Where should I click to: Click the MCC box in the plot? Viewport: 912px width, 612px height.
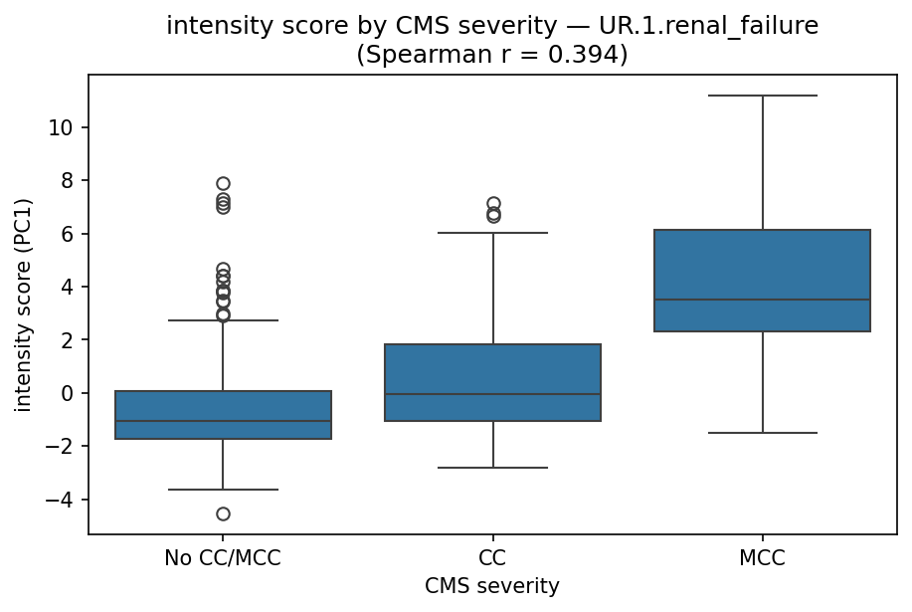(762, 281)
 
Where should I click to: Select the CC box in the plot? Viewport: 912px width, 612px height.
(492, 382)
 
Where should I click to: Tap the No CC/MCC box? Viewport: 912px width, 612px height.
(223, 415)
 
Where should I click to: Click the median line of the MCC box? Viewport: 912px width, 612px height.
(762, 300)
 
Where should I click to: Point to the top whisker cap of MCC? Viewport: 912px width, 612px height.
(762, 96)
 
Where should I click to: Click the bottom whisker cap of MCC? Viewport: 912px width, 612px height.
(762, 433)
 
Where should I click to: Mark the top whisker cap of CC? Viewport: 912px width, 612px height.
(492, 233)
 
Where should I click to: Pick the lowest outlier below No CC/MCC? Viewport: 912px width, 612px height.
(223, 513)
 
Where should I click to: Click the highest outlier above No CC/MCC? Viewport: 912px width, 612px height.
(223, 183)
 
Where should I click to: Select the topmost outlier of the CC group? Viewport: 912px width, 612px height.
(492, 203)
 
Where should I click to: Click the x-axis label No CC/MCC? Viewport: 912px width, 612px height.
(223, 558)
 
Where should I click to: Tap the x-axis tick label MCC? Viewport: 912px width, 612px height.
(762, 558)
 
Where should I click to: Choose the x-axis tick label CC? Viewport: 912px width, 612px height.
(492, 558)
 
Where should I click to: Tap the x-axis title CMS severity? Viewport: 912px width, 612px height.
(492, 587)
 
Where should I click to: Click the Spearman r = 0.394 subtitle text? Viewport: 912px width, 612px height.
(492, 54)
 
